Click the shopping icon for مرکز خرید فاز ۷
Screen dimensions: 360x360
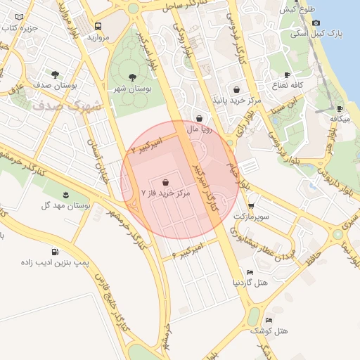click(x=165, y=181)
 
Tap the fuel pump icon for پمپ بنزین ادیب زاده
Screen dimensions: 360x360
click(x=55, y=252)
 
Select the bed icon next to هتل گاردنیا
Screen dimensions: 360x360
click(x=250, y=272)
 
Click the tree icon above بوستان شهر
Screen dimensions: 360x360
click(x=132, y=77)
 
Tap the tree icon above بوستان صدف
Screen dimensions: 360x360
click(x=55, y=74)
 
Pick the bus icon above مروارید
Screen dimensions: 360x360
click(x=98, y=26)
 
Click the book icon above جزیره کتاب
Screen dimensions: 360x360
click(x=18, y=17)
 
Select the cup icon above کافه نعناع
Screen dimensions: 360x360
click(x=287, y=75)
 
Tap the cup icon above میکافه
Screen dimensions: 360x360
click(x=340, y=109)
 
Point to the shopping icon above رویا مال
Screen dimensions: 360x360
click(x=201, y=119)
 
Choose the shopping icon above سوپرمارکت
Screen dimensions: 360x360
click(x=251, y=205)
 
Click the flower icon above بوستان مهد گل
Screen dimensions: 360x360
click(x=66, y=193)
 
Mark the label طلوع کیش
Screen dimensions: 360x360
click(x=297, y=10)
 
